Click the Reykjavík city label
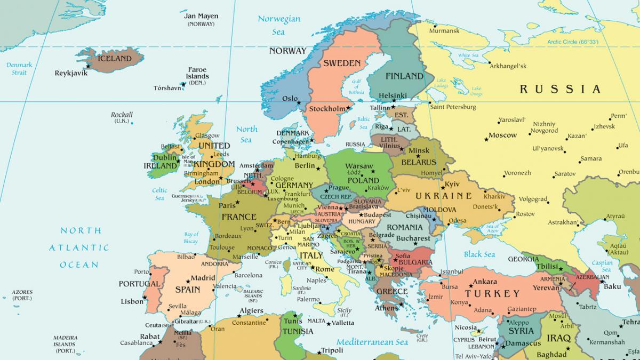(70, 73)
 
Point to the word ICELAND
(115, 59)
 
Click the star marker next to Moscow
(486, 139)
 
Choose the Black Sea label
(479, 254)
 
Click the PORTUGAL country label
(139, 284)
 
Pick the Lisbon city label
(132, 301)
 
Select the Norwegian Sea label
(279, 25)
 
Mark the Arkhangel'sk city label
(508, 66)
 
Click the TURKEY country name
(492, 294)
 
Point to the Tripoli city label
(332, 351)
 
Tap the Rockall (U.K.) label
(122, 117)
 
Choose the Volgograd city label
(533, 199)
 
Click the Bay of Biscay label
(191, 238)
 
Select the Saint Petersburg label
(453, 107)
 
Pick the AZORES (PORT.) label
(22, 295)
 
